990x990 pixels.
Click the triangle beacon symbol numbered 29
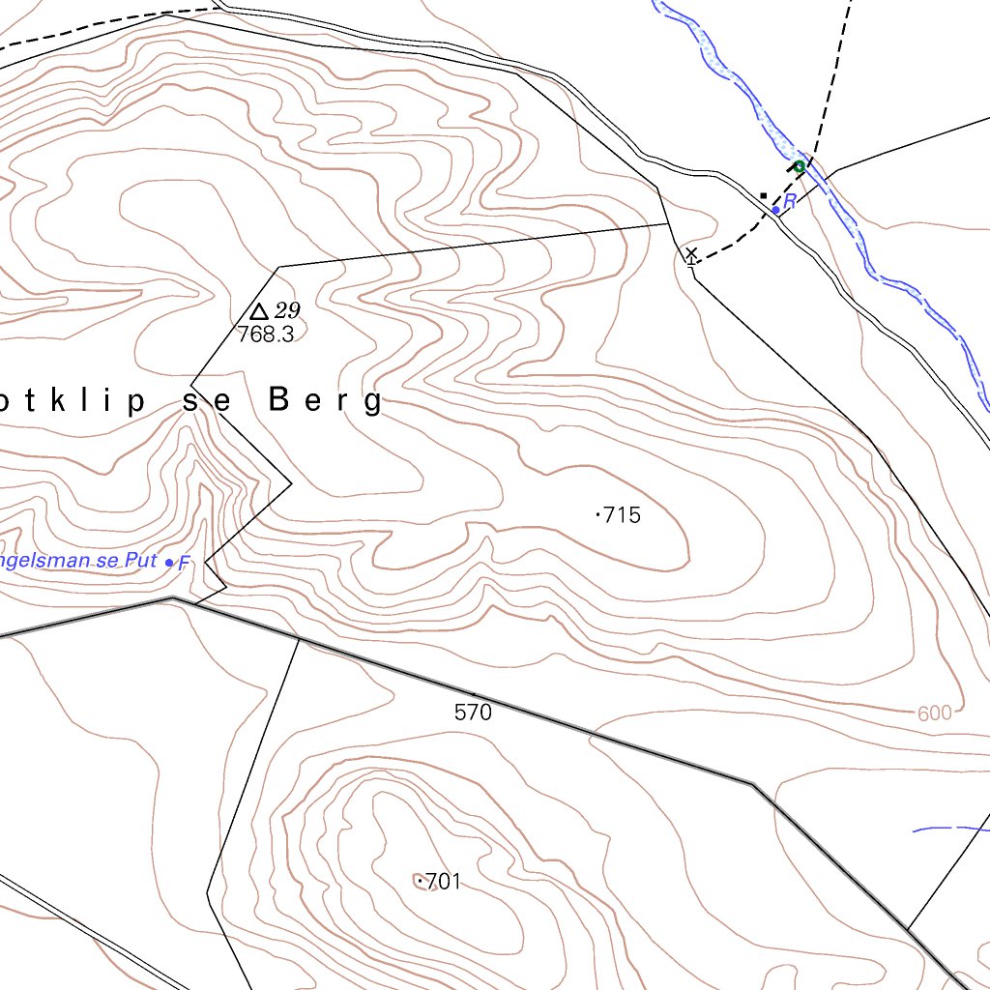[258, 311]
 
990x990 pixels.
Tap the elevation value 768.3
[265, 335]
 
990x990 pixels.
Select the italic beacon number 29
[287, 310]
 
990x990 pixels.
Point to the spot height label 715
[621, 515]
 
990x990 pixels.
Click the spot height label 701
[443, 882]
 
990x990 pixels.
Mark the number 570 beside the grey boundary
[473, 713]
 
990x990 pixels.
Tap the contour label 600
[934, 713]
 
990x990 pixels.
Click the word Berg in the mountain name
[325, 401]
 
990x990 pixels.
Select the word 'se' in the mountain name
[206, 401]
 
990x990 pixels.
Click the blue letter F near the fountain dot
[185, 563]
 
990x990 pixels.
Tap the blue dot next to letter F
[170, 563]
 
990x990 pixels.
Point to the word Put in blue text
[140, 562]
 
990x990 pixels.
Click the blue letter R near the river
[790, 201]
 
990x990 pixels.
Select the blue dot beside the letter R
[775, 210]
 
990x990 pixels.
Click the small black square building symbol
[763, 196]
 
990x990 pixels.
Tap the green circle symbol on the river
[800, 167]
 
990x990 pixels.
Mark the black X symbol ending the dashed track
[691, 254]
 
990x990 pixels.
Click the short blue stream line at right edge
[952, 829]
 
